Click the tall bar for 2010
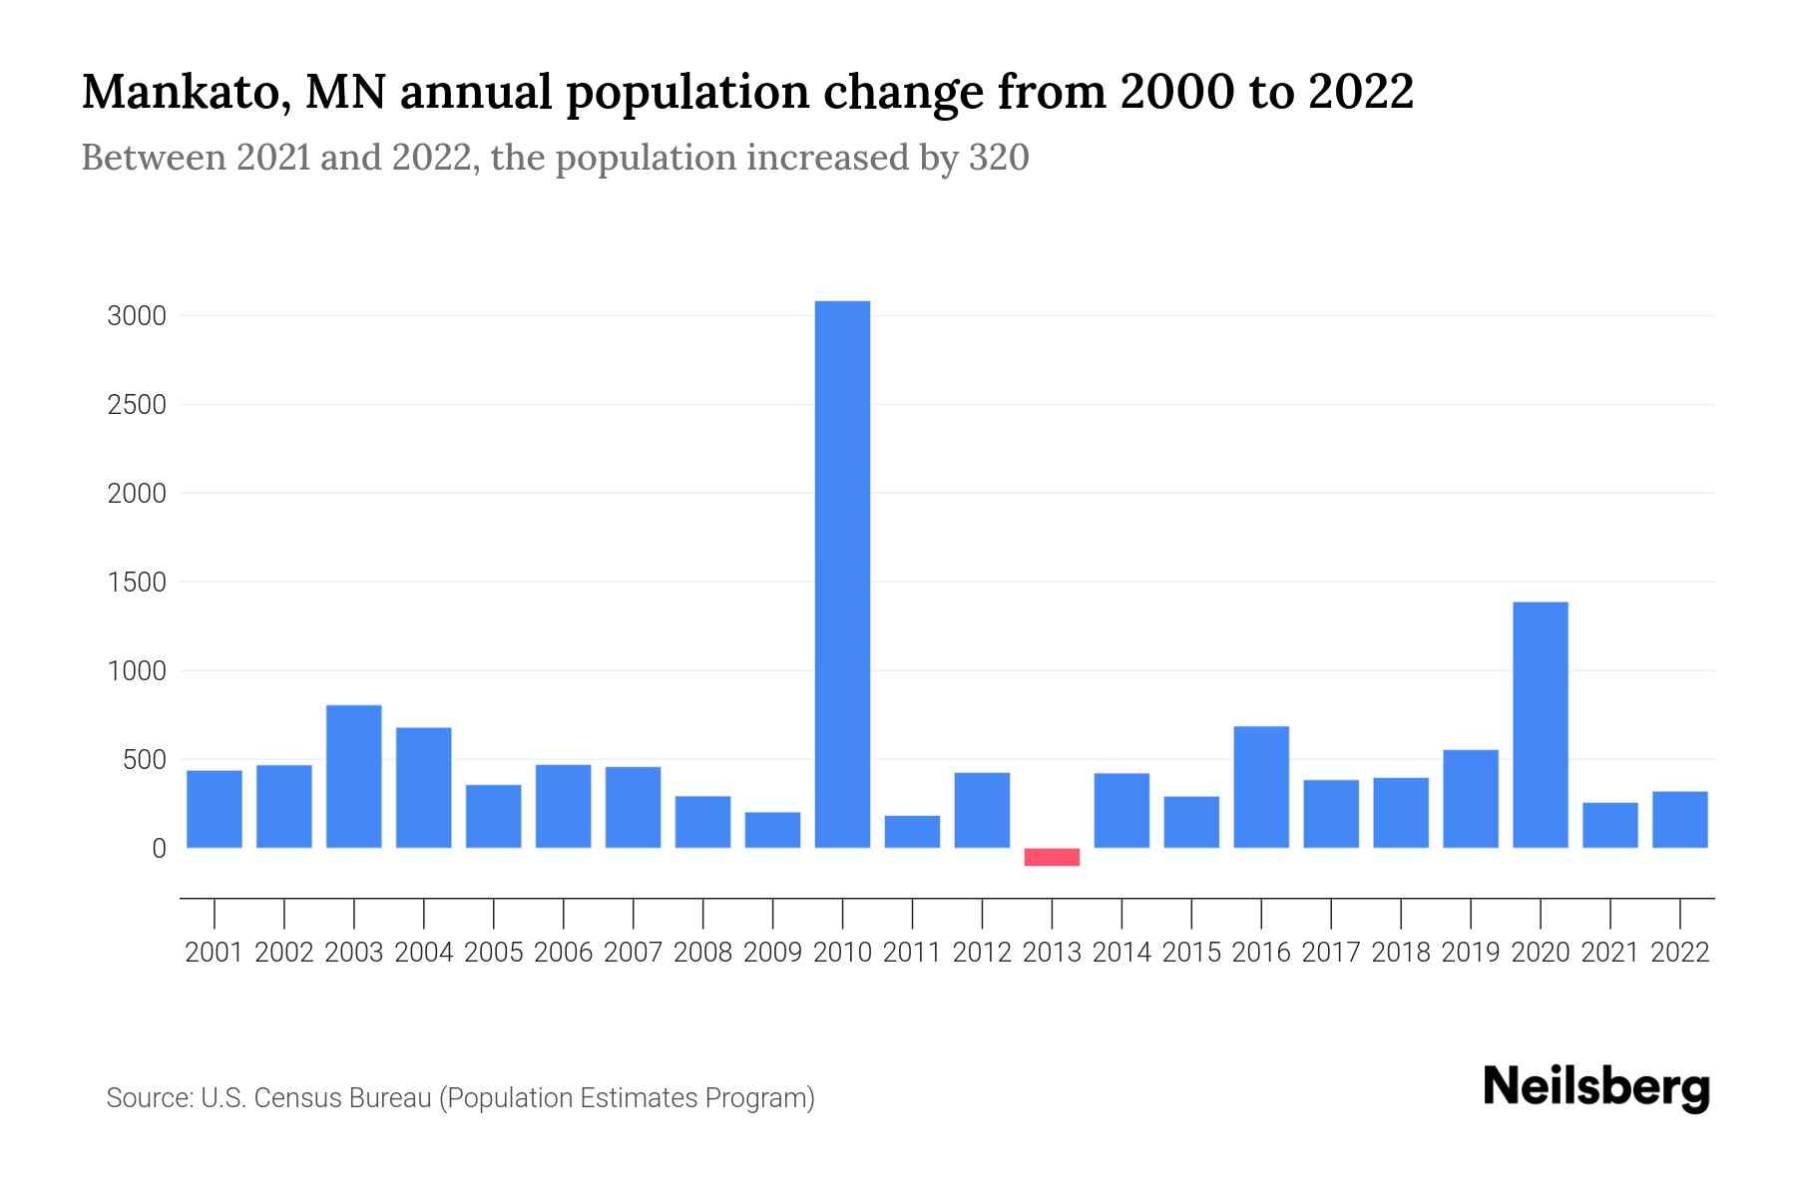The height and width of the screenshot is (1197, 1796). pos(842,574)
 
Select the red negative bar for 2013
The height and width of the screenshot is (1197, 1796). pos(1052,857)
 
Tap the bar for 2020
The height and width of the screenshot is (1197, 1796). pos(1540,725)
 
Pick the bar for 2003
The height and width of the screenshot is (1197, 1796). pos(354,776)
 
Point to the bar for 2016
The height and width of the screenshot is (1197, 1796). pos(1261,787)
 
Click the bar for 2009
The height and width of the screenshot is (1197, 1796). pos(772,830)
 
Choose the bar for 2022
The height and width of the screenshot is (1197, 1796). pos(1679,820)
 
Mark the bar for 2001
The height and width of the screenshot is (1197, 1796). pos(215,809)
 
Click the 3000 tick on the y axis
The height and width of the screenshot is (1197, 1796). pos(136,316)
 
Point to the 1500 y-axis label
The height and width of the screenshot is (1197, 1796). pos(136,583)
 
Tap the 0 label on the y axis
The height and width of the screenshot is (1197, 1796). pos(158,849)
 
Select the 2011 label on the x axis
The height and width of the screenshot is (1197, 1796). pos(912,953)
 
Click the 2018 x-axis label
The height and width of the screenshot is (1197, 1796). pos(1400,953)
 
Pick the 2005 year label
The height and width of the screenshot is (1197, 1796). pos(493,953)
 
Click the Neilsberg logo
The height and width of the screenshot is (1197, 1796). pos(1596,1087)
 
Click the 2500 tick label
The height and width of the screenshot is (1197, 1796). pos(136,405)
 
